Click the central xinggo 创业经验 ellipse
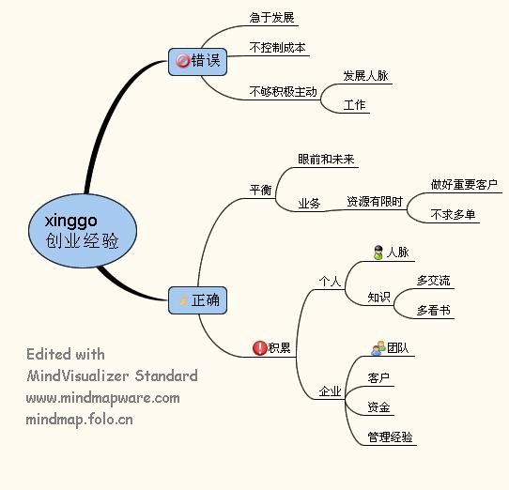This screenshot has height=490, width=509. (x=83, y=231)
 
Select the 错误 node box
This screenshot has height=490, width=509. (x=197, y=62)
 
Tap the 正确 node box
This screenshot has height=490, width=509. (x=197, y=300)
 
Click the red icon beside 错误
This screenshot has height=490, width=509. (x=182, y=61)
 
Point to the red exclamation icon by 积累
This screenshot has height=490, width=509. (x=259, y=348)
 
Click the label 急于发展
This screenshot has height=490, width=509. (x=272, y=17)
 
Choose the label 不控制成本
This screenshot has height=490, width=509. (x=278, y=47)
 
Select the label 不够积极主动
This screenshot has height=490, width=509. (x=283, y=91)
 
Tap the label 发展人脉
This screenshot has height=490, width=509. (x=366, y=76)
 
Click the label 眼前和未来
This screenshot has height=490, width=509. (x=326, y=159)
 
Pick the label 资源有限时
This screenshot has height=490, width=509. (x=375, y=201)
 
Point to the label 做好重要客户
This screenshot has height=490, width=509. (x=464, y=184)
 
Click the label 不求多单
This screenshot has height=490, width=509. (x=454, y=214)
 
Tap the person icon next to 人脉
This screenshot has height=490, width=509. (x=378, y=253)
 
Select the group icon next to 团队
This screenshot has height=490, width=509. (x=378, y=348)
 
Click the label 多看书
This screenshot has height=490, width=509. (x=433, y=310)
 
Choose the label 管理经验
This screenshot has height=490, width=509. (x=390, y=436)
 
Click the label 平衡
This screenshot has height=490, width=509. (x=260, y=190)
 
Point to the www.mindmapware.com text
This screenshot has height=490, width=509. (x=103, y=398)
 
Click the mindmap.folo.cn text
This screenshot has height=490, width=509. (x=80, y=420)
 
